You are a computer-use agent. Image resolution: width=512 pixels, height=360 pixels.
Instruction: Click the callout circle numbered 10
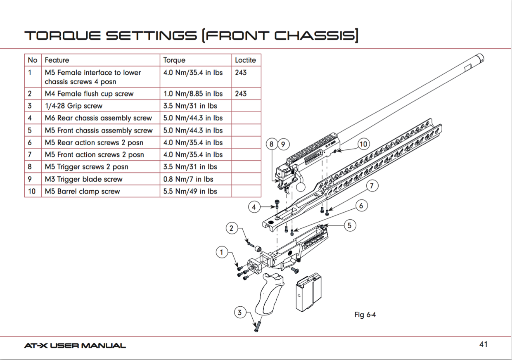tap(363, 144)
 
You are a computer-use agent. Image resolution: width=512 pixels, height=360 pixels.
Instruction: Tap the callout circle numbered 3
tap(240, 312)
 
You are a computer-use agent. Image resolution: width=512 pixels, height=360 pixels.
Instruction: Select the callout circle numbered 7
tap(372, 186)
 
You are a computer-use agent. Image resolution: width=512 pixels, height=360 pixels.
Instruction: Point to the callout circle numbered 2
tap(232, 228)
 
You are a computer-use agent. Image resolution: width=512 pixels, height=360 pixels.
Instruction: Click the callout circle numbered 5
tap(349, 225)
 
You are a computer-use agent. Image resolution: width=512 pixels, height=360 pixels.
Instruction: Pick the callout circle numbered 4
tap(254, 207)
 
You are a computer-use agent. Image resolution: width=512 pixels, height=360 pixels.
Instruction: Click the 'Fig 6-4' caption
tap(365, 315)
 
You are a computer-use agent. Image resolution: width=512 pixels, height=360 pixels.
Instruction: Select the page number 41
tap(483, 344)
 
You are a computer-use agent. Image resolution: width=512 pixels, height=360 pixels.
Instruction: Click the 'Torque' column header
tap(174, 60)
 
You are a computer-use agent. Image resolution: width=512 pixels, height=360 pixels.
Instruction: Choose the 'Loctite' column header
tap(245, 60)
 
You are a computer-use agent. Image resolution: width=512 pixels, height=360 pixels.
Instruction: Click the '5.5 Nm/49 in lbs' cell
tap(190, 191)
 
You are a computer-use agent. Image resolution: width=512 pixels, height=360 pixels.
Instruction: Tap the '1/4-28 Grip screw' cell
tap(73, 106)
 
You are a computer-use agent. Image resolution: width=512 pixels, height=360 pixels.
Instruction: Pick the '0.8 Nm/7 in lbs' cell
tap(189, 179)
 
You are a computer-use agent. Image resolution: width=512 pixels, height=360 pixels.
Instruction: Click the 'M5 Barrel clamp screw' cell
tap(82, 191)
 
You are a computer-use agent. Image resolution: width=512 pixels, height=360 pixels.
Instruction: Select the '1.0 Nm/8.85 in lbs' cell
tap(193, 94)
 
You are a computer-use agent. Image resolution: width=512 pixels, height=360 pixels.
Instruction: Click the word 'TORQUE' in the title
tap(62, 36)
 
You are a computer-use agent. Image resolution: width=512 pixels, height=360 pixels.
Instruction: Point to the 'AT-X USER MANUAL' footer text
tap(75, 346)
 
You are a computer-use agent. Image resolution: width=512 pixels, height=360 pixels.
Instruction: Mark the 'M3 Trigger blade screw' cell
tap(83, 179)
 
